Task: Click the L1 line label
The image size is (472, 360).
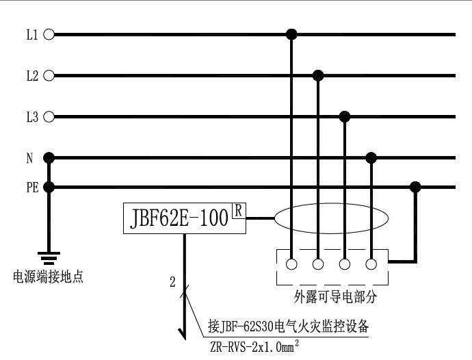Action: coord(31,34)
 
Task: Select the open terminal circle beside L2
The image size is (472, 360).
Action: coord(49,75)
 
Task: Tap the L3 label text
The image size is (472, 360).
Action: coord(31,117)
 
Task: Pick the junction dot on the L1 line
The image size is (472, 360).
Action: coord(291,34)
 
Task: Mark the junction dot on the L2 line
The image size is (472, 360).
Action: coord(317,75)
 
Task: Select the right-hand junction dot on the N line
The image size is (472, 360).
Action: coord(371,158)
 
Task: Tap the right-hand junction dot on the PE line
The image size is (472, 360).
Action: coord(415,186)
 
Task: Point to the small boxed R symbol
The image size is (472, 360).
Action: coord(238,211)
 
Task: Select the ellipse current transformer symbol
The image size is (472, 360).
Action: coord(331,220)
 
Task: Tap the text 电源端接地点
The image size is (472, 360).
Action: coord(49,277)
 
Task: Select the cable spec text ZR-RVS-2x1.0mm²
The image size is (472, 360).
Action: coord(254,347)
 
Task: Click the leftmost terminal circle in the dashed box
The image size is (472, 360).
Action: coord(291,263)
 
